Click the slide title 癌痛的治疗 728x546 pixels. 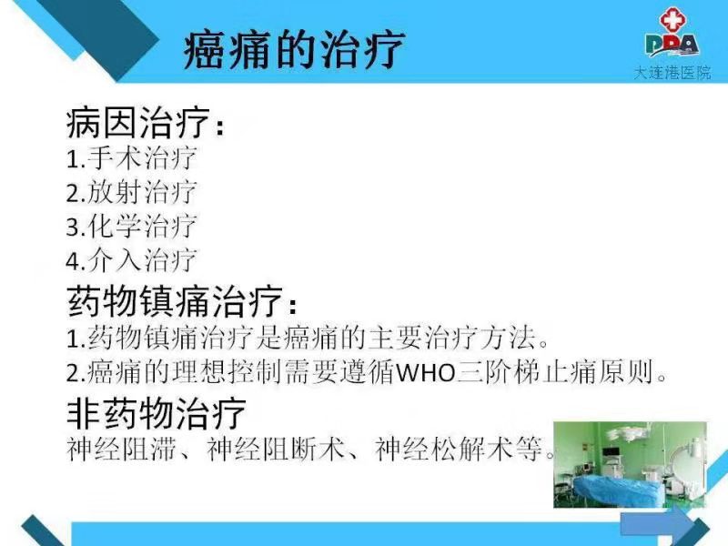[294, 49]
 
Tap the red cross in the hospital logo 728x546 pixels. [674, 21]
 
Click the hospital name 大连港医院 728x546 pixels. [672, 73]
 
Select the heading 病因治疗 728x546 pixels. [138, 123]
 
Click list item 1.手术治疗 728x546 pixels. [131, 157]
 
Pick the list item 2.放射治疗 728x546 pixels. [131, 192]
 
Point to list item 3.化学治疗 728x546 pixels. [131, 226]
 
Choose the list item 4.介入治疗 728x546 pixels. [131, 260]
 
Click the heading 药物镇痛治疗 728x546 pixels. [175, 301]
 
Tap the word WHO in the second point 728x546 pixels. [425, 373]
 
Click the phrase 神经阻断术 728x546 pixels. [276, 449]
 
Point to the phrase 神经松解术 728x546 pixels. [443, 449]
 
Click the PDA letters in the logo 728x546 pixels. [672, 45]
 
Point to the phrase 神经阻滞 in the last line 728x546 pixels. [122, 449]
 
